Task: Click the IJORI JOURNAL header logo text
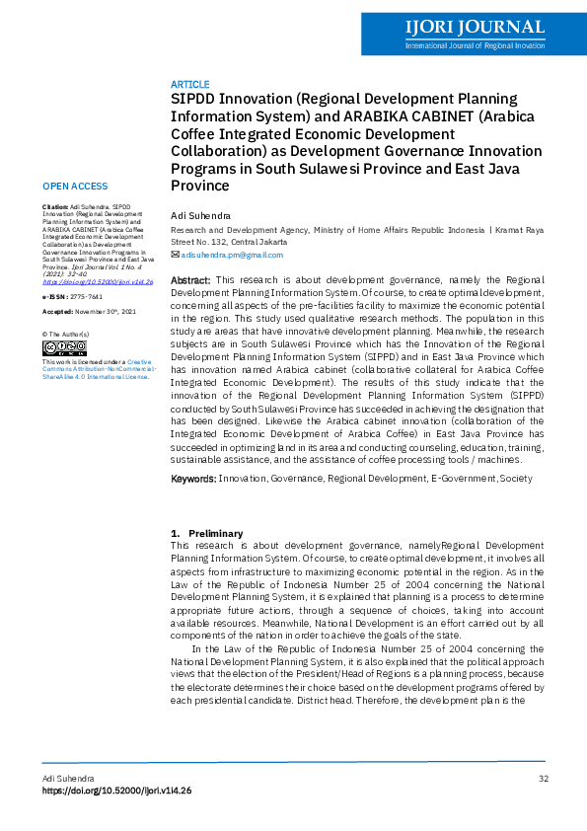(x=474, y=27)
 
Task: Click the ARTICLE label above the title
(x=189, y=85)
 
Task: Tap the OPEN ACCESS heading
(x=75, y=187)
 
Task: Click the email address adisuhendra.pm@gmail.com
(x=232, y=255)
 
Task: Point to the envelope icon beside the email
(x=175, y=255)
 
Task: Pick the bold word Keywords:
(x=193, y=479)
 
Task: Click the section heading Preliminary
(x=215, y=534)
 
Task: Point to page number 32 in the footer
(x=543, y=780)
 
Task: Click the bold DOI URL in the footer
(x=116, y=792)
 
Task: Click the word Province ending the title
(x=200, y=186)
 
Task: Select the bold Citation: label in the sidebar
(x=55, y=206)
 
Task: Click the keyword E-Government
(x=464, y=479)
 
